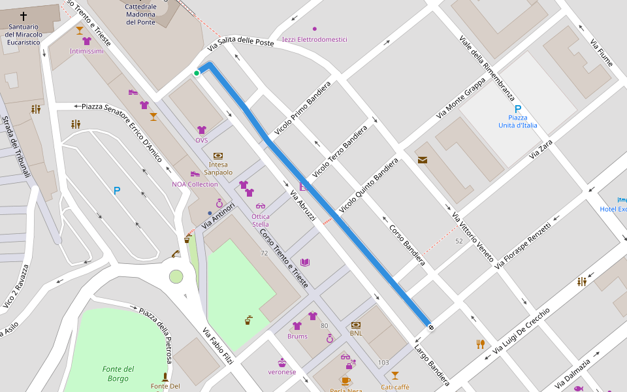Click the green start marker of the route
point(196,73)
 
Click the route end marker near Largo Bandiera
point(430,326)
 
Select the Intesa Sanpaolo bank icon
point(218,155)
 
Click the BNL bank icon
point(356,325)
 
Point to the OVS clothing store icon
point(202,130)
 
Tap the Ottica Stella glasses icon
point(261,206)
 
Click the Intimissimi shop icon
point(87,41)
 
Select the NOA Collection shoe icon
point(195,174)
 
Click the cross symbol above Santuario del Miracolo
point(24,16)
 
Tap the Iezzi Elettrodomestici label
point(315,39)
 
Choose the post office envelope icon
point(423,159)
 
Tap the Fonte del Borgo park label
point(119,374)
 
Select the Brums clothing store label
point(297,336)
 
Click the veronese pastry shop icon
point(282,362)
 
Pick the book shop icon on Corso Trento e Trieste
point(304,263)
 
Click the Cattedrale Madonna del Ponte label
point(140,14)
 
